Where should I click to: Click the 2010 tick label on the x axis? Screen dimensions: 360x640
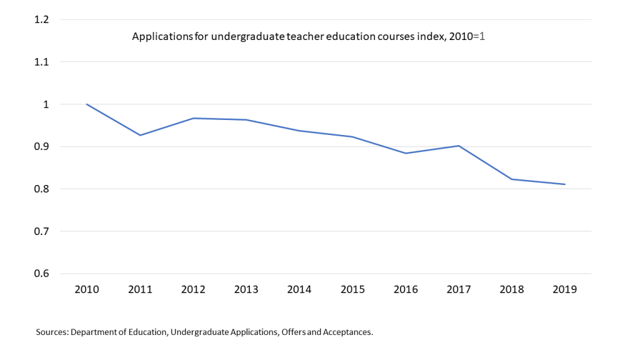click(x=86, y=289)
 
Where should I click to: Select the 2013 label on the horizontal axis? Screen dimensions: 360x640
click(x=246, y=289)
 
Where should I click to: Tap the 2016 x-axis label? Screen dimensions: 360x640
click(x=406, y=289)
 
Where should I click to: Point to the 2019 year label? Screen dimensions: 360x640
click(x=565, y=289)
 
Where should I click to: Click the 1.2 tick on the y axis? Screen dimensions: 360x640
click(x=42, y=19)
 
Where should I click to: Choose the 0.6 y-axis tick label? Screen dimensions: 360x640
click(x=42, y=274)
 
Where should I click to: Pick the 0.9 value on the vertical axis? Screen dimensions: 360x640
click(x=42, y=147)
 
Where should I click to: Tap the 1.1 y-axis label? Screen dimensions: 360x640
click(x=42, y=62)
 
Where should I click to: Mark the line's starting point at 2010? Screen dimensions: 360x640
click(x=86, y=104)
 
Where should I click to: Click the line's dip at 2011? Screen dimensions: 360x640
click(x=140, y=135)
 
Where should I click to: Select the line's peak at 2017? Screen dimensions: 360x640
click(x=459, y=146)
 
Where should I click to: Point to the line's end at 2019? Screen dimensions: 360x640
click(x=565, y=184)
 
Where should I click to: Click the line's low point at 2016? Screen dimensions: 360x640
click(x=406, y=153)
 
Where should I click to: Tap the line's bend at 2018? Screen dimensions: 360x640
click(x=512, y=179)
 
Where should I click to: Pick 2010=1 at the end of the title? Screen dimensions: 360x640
click(x=471, y=37)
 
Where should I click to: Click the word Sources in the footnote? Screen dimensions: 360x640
click(x=52, y=332)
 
